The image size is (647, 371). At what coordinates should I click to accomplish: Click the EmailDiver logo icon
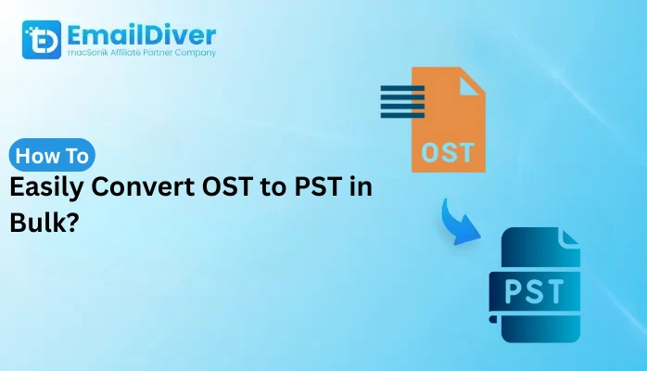42,40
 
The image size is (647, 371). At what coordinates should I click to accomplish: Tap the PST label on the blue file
532,290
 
